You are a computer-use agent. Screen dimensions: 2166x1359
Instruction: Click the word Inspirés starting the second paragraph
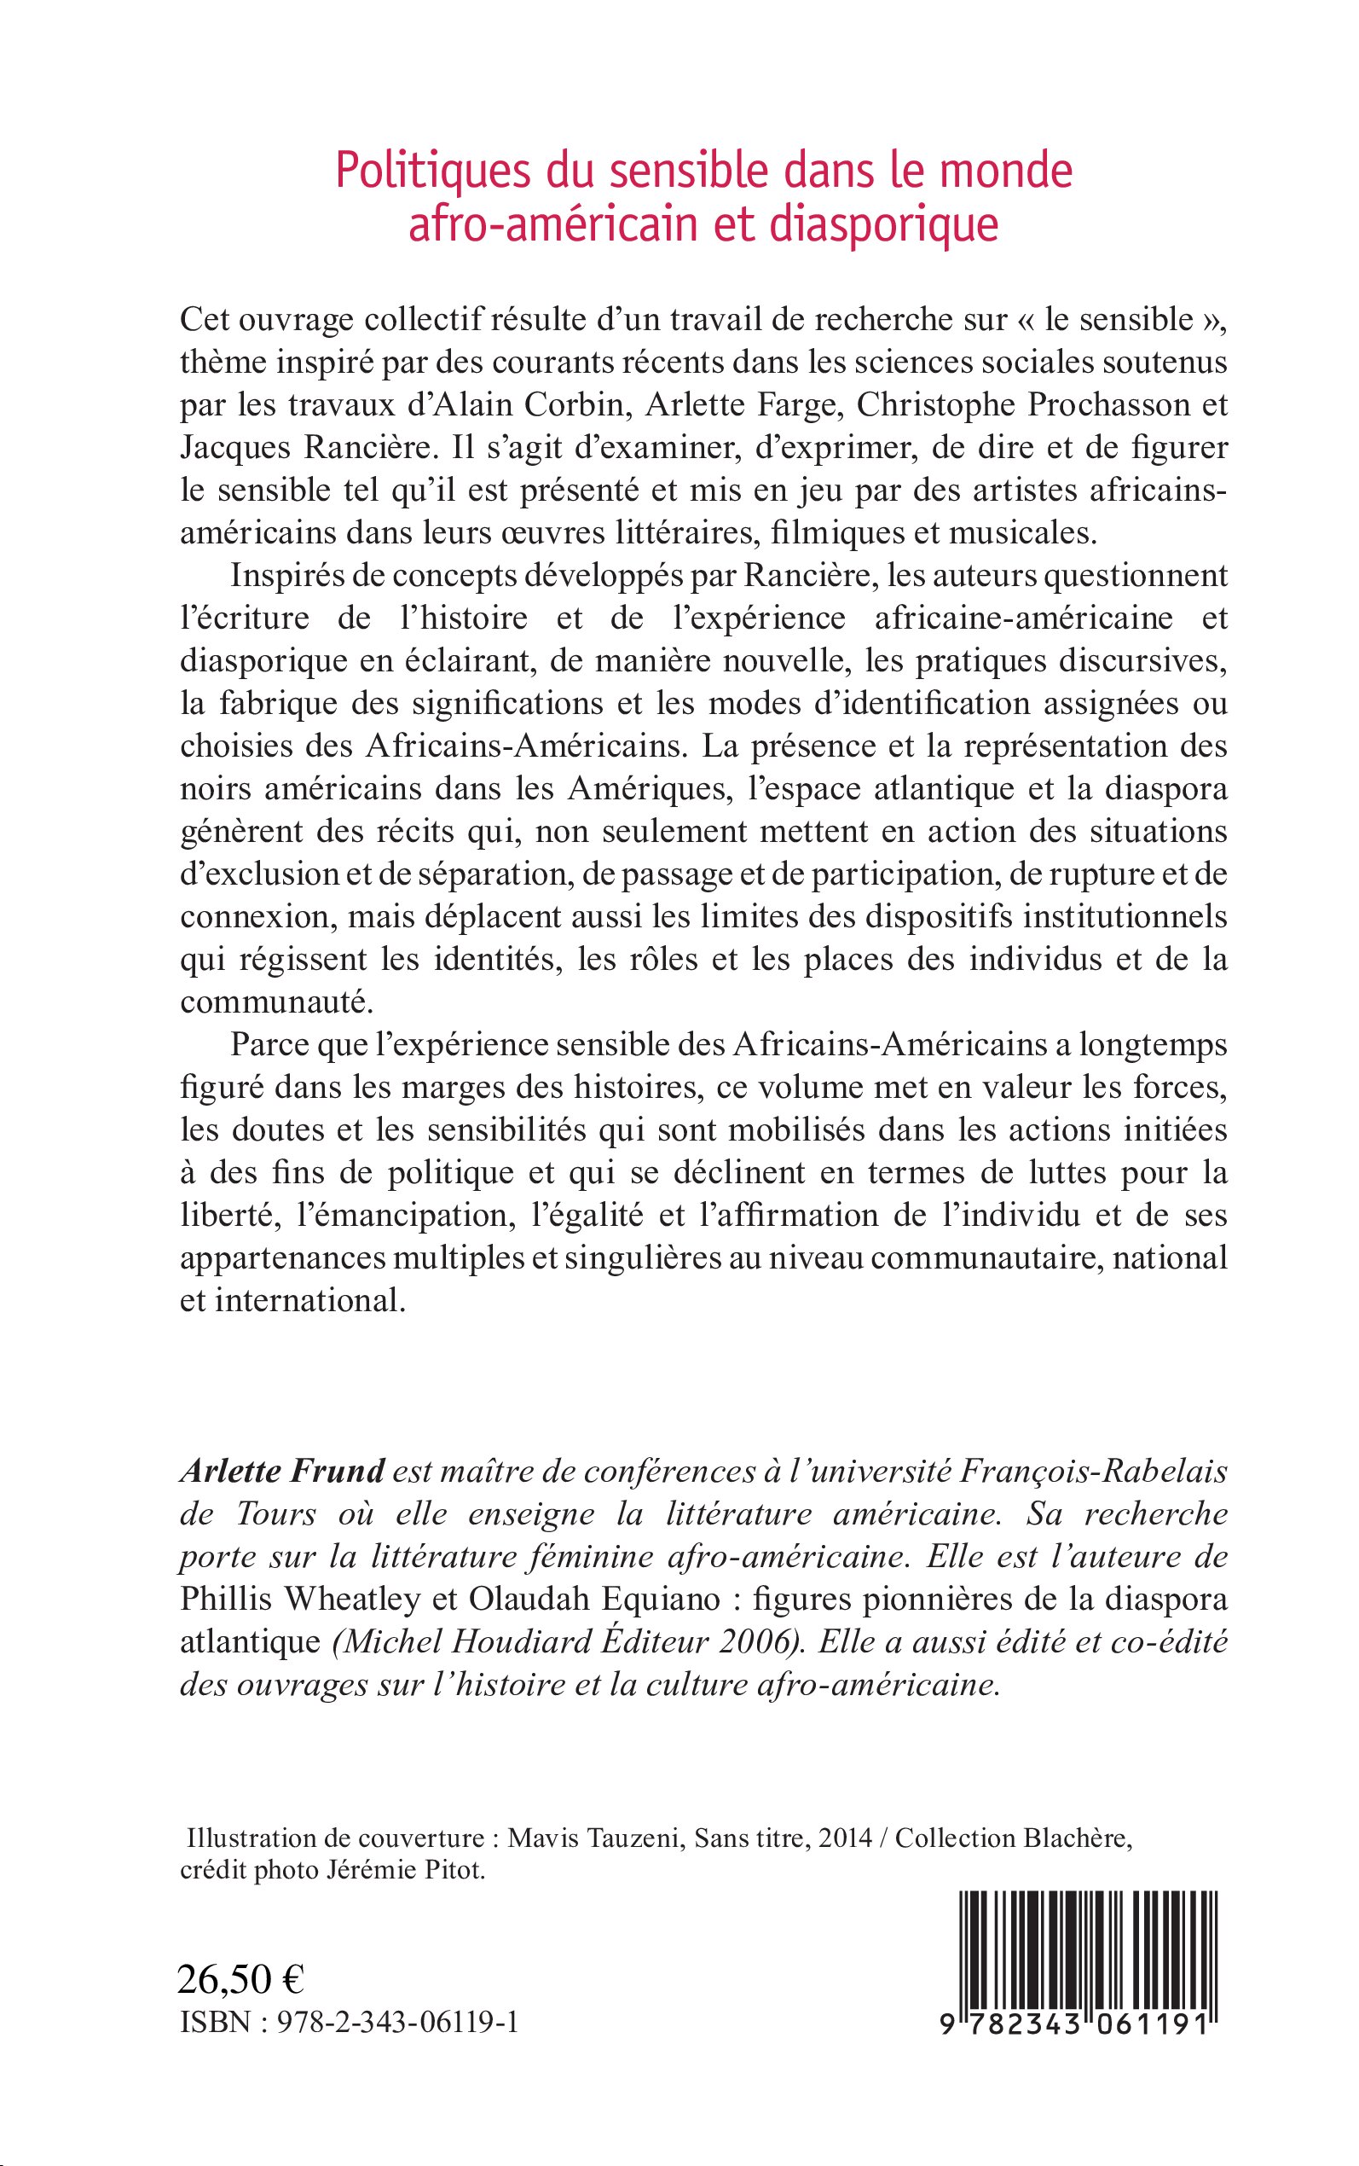(x=282, y=576)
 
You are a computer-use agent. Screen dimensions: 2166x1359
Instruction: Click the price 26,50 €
(x=241, y=1980)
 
